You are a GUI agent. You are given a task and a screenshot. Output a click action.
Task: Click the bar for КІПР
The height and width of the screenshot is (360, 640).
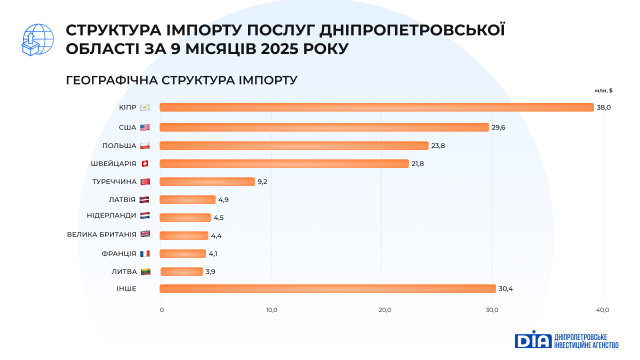click(x=376, y=107)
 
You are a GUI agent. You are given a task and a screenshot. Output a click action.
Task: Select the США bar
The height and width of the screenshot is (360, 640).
click(x=324, y=127)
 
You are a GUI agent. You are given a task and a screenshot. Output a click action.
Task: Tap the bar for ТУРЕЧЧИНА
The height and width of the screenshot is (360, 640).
click(x=207, y=181)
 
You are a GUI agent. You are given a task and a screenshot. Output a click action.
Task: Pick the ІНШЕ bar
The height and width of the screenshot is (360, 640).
click(x=327, y=288)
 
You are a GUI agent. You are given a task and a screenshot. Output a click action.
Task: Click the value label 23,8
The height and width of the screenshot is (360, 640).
click(x=438, y=146)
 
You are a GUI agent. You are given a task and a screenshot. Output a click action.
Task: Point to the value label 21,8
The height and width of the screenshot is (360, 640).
click(x=418, y=164)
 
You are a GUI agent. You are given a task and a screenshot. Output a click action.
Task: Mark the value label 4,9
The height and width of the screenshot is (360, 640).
click(x=223, y=200)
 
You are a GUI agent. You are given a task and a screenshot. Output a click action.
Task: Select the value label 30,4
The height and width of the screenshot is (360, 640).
click(x=505, y=289)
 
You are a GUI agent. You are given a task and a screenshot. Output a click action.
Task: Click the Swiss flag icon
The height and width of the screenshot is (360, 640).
click(x=145, y=164)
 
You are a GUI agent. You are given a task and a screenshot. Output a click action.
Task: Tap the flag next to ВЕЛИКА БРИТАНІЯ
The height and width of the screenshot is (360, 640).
click(x=145, y=234)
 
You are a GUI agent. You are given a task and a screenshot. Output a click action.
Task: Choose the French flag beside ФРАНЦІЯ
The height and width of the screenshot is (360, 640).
click(x=145, y=253)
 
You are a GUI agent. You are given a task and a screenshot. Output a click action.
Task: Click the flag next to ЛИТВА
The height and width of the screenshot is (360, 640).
click(x=145, y=272)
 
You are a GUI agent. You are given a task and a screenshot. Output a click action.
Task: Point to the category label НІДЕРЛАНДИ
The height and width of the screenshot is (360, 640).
click(x=111, y=215)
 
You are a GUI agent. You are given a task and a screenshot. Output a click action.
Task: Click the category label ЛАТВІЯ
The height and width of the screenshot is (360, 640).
click(x=122, y=199)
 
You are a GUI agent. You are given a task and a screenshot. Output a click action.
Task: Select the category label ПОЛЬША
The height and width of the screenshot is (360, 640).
click(x=119, y=145)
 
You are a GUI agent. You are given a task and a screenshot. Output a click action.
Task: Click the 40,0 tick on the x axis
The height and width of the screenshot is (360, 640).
click(x=603, y=310)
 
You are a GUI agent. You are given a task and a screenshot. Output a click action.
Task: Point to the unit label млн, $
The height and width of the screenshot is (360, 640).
click(x=603, y=90)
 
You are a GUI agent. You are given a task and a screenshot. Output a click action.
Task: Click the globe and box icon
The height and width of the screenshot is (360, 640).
click(x=37, y=39)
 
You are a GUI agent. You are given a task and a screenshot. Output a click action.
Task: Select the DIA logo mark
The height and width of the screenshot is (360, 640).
click(x=532, y=340)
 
